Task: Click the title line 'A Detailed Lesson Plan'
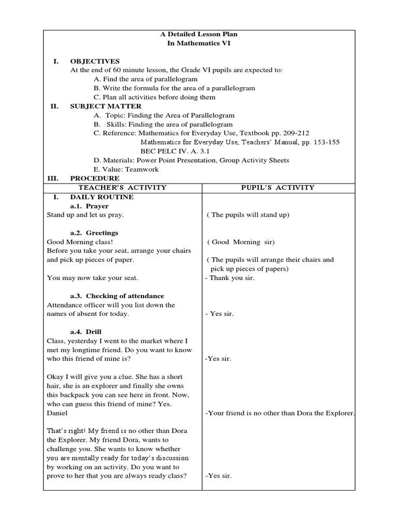pyautogui.click(x=198, y=34)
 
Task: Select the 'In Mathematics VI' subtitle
pyautogui.click(x=198, y=44)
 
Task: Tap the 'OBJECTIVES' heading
pyautogui.click(x=95, y=61)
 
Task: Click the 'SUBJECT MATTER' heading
pyautogui.click(x=106, y=106)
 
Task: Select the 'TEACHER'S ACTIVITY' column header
pyautogui.click(x=122, y=187)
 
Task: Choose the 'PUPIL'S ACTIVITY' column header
pyautogui.click(x=278, y=187)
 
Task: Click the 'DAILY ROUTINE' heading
pyautogui.click(x=102, y=197)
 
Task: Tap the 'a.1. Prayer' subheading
pyautogui.click(x=89, y=206)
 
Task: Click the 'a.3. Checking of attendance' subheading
pyautogui.click(x=117, y=296)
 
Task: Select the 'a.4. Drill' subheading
pyautogui.click(x=86, y=331)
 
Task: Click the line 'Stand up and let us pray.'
pyautogui.click(x=86, y=215)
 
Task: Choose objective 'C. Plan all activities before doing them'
pyautogui.click(x=154, y=97)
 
